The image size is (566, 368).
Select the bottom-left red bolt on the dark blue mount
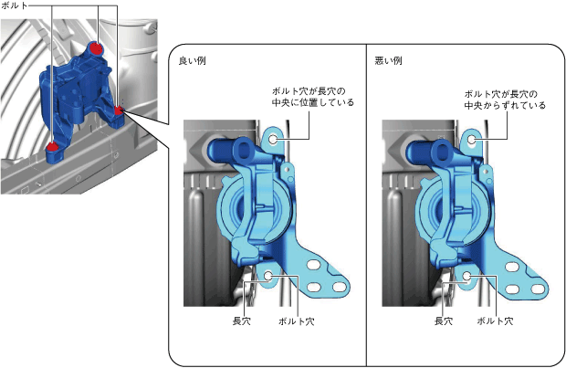pyautogui.click(x=52, y=145)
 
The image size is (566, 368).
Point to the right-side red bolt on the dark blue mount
pyautogui.click(x=119, y=111)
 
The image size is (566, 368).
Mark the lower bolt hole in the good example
pyautogui.click(x=268, y=273)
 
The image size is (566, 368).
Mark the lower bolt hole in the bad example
pyautogui.click(x=466, y=275)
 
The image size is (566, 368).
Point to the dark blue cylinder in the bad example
pyautogui.click(x=424, y=148)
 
